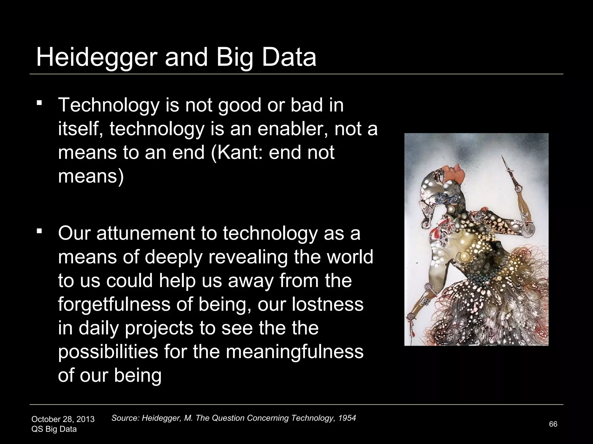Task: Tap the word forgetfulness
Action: point(114,304)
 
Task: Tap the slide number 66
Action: point(553,424)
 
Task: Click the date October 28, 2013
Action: point(63,419)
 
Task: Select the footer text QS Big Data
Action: point(54,429)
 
